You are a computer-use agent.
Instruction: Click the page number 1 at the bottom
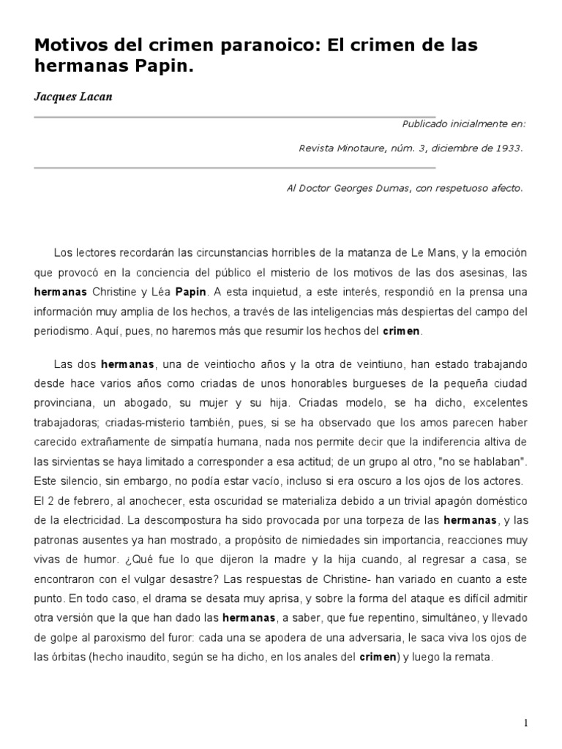tap(525, 723)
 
